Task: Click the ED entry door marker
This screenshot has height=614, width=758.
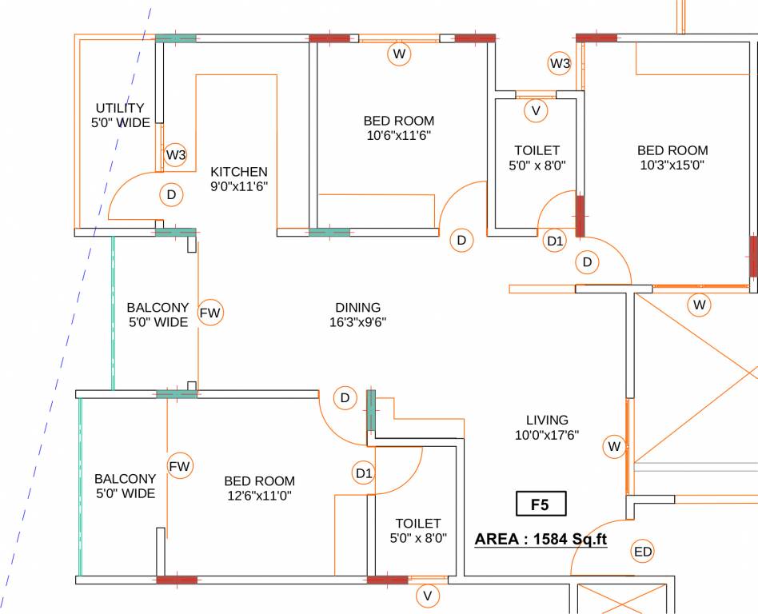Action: tap(643, 552)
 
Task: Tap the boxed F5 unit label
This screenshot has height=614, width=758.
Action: tap(541, 504)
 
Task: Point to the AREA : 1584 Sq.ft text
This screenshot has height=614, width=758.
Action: tap(541, 539)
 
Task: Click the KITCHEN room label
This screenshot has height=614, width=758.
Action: tap(239, 172)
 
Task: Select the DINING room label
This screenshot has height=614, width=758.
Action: tap(357, 307)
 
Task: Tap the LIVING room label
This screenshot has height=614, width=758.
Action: tap(547, 421)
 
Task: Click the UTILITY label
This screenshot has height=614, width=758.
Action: tap(120, 108)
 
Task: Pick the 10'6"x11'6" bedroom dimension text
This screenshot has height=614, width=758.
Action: tap(399, 135)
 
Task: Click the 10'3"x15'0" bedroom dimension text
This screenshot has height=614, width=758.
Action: tap(672, 165)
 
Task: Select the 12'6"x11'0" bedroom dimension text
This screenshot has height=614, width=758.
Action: tap(260, 496)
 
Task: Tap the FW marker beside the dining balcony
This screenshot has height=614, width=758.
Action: tap(210, 313)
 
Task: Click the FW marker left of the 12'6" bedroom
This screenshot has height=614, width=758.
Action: tap(180, 467)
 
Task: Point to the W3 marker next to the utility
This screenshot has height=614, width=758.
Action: tap(175, 155)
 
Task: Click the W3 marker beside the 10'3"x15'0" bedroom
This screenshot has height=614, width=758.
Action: tap(560, 63)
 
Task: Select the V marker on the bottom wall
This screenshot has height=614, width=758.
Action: tap(427, 596)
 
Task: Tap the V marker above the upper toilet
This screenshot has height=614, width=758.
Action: tap(536, 110)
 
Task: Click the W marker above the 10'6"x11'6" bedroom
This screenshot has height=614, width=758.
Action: tap(399, 54)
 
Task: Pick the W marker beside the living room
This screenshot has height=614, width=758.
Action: tap(614, 446)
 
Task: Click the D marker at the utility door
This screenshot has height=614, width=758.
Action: tap(171, 195)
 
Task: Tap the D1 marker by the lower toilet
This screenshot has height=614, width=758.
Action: tap(364, 472)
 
